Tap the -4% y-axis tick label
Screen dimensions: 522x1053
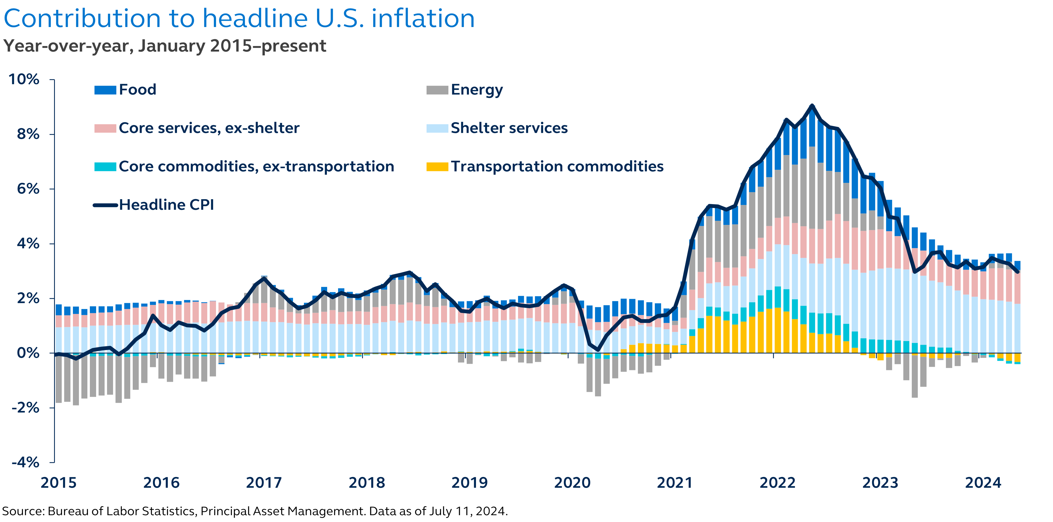(25, 462)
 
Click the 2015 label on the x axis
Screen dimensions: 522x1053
(58, 483)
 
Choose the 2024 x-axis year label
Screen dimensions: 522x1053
(983, 483)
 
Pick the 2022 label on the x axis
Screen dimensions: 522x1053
(777, 483)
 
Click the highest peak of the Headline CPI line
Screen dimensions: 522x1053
(812, 106)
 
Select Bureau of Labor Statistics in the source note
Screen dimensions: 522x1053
(122, 511)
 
